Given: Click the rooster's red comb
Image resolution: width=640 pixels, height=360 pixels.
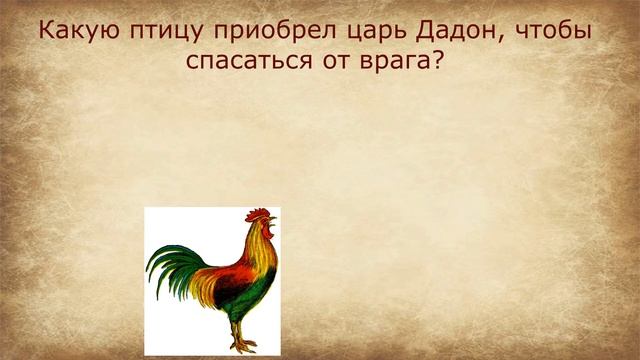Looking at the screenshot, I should click(x=259, y=214).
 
